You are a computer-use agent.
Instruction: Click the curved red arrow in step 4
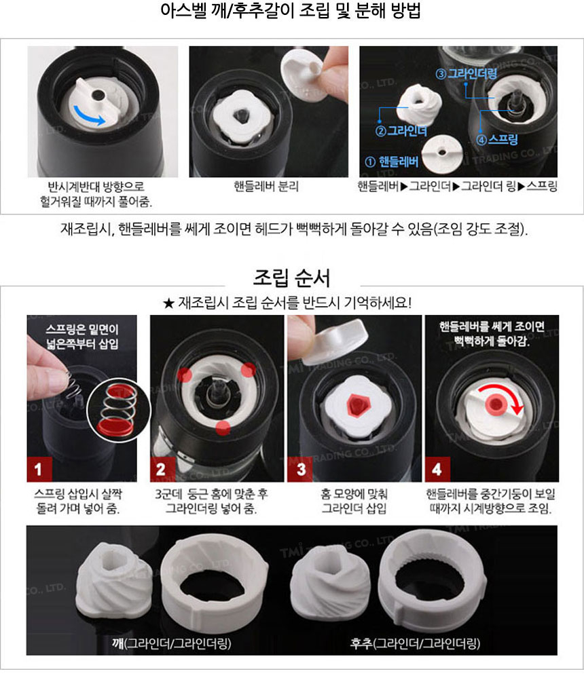pyautogui.click(x=507, y=392)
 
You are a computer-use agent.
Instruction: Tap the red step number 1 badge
pyautogui.click(x=39, y=469)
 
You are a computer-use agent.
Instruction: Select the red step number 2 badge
pyautogui.click(x=162, y=469)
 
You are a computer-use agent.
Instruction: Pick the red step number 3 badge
pyautogui.click(x=300, y=469)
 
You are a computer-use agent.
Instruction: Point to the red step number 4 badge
pyautogui.click(x=437, y=469)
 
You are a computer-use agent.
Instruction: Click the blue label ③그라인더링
pyautogui.click(x=467, y=74)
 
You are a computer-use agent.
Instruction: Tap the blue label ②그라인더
pyautogui.click(x=401, y=130)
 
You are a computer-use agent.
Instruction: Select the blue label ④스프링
pyautogui.click(x=497, y=140)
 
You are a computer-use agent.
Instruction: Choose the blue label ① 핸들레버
pyautogui.click(x=391, y=162)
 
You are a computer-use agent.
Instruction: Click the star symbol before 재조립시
pyautogui.click(x=168, y=304)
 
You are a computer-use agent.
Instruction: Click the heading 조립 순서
pyautogui.click(x=292, y=278)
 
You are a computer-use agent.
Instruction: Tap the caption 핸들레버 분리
pyautogui.click(x=266, y=187)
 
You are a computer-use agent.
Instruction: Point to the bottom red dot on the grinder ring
pyautogui.click(x=223, y=428)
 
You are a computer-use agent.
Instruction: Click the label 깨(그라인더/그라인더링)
pyautogui.click(x=171, y=643)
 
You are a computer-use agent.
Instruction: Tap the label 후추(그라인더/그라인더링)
pyautogui.click(x=415, y=643)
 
